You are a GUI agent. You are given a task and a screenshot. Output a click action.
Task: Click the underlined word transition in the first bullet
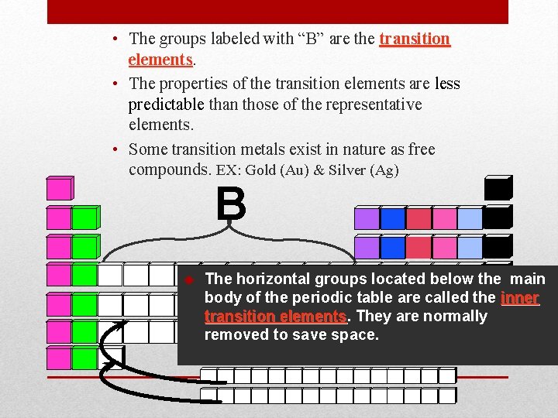coord(415,39)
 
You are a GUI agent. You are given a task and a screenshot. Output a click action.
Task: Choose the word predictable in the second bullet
coord(167,104)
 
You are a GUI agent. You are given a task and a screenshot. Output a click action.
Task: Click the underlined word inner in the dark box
coord(520,298)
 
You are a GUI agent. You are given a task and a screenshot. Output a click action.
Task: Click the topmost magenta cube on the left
coord(59,189)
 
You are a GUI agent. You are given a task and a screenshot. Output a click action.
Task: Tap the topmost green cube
coord(84,218)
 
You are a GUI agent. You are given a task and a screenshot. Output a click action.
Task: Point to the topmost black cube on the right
coord(497,189)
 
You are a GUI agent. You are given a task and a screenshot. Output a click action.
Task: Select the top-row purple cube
coord(367,218)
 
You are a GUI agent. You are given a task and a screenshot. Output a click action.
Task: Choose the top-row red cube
coord(418,218)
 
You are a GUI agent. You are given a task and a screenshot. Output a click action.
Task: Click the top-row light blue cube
coord(470,218)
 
